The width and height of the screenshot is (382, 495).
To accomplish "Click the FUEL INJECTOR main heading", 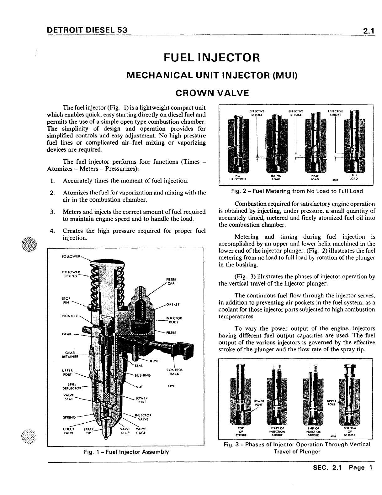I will click(x=212, y=58).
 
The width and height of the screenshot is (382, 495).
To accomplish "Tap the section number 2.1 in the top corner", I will click(x=369, y=31).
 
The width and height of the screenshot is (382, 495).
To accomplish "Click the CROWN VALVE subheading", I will click(x=212, y=93).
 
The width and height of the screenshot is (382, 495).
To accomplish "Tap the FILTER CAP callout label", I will click(x=172, y=281).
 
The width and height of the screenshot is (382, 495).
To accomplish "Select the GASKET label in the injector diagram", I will click(x=173, y=304).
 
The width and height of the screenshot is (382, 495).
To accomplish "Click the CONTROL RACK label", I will click(x=174, y=372).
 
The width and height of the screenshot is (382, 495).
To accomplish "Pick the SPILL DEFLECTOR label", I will click(x=72, y=386).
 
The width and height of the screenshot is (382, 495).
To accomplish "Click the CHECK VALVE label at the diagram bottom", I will click(x=69, y=431).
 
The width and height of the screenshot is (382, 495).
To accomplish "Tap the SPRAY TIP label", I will click(x=88, y=431).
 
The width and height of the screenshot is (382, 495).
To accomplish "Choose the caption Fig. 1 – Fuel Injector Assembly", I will click(x=126, y=452).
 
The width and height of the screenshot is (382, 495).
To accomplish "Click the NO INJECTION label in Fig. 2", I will click(x=238, y=178).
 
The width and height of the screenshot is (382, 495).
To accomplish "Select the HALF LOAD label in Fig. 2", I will click(x=314, y=178).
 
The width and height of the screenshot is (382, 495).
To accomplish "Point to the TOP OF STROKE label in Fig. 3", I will click(x=241, y=431).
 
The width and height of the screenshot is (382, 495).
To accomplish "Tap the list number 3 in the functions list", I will click(x=53, y=212).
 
